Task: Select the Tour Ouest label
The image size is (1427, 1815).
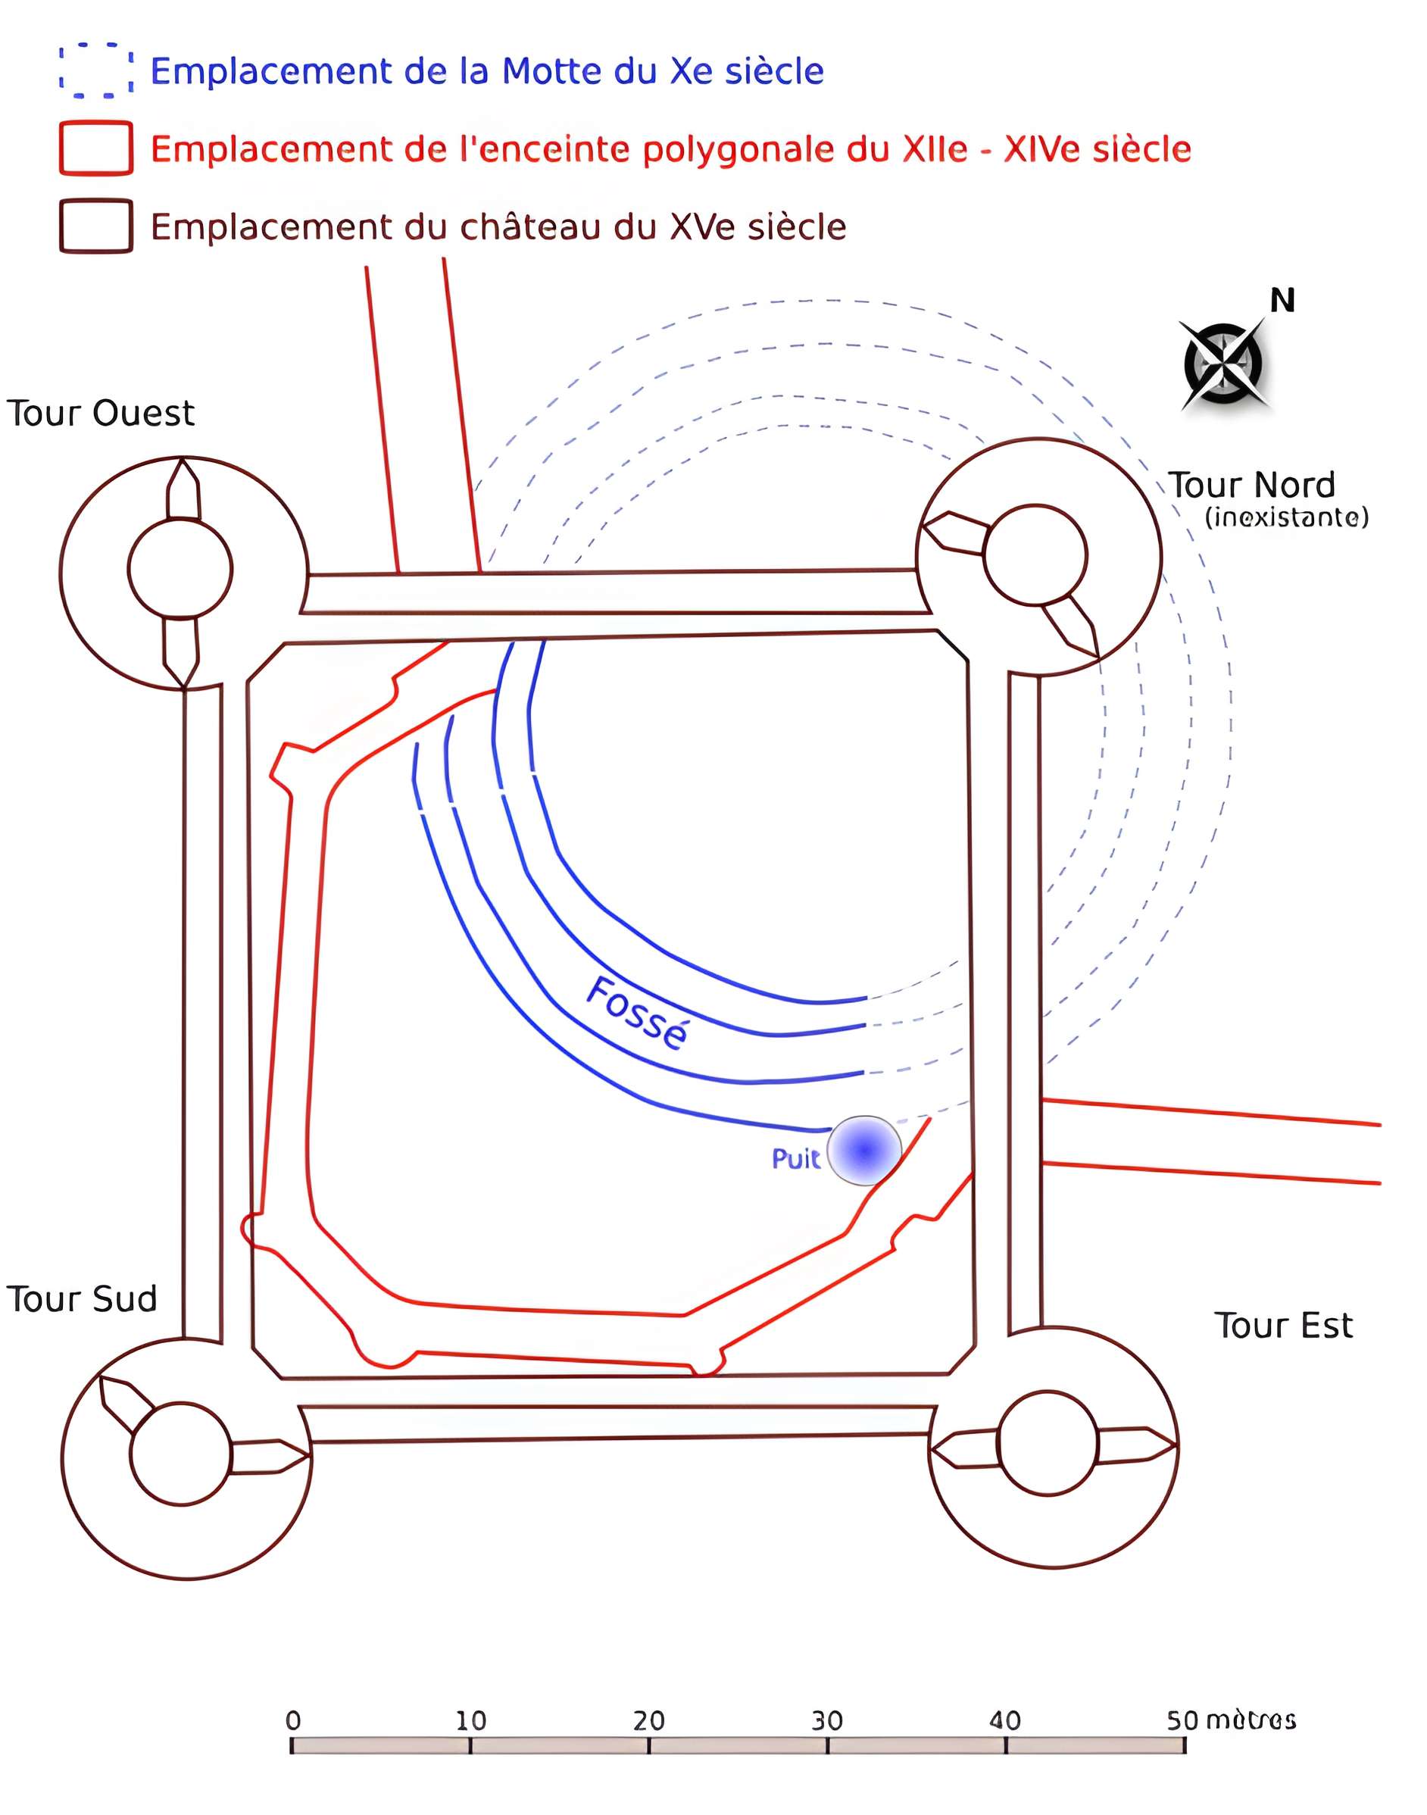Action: (x=100, y=413)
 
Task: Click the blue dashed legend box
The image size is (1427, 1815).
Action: (x=96, y=70)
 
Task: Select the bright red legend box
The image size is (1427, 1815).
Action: (x=96, y=148)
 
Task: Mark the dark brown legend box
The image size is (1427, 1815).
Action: (x=96, y=226)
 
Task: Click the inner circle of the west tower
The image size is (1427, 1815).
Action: (x=180, y=569)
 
